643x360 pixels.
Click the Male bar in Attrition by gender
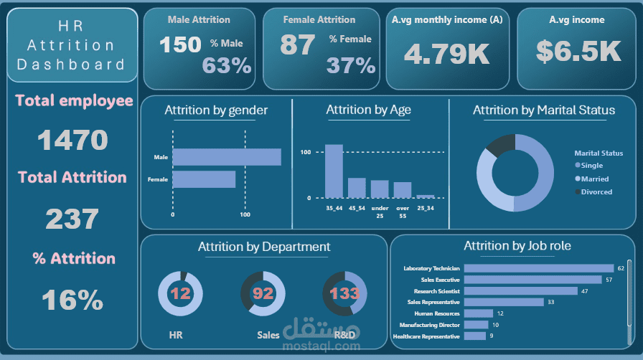point(227,157)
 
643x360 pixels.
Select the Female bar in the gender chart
point(204,179)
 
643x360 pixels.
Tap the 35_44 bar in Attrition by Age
point(334,171)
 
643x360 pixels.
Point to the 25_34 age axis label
point(426,208)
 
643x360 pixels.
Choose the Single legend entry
point(589,165)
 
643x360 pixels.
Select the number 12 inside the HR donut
point(180,293)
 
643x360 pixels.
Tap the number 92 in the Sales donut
point(263,293)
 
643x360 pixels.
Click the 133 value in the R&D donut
point(344,293)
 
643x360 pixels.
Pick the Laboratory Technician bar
point(539,268)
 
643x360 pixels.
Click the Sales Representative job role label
point(433,302)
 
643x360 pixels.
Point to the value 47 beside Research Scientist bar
point(584,291)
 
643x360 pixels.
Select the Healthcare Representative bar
point(475,336)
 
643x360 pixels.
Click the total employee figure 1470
point(72,140)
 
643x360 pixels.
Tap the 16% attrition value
point(72,300)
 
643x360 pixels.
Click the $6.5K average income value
point(578,51)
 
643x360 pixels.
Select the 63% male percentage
point(227,65)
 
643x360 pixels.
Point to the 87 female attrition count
point(298,44)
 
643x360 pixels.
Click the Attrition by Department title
point(264,247)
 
